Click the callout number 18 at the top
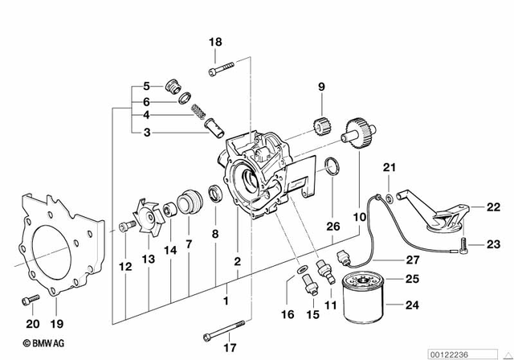click(x=214, y=42)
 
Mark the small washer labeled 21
click(x=390, y=196)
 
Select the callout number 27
click(x=412, y=260)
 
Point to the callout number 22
click(x=481, y=207)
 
